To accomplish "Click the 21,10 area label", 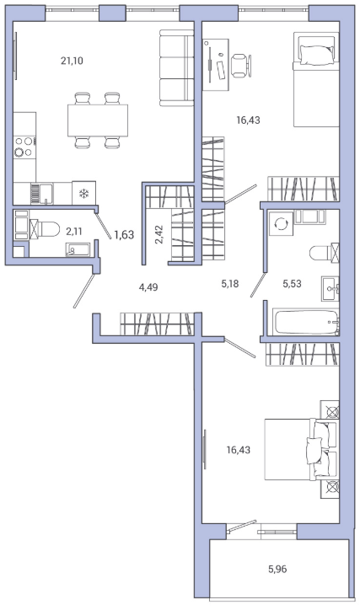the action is coord(72,61).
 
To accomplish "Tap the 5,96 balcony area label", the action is coord(277,570).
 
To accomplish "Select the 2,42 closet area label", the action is coord(159,234).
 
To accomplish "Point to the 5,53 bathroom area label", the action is coord(292,284).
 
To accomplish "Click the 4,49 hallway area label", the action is coord(148,287).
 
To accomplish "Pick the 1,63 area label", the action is coord(124,234).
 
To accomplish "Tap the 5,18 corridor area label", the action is coord(230,284).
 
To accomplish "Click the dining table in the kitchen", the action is coord(98,120).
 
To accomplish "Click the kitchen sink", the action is coord(42,194).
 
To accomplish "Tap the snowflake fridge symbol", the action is coord(83,193).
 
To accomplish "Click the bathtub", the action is coord(306,322).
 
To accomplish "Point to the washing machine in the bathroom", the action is coord(282,223).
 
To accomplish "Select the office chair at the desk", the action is coord(240,65).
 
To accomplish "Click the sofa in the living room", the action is coord(177,68).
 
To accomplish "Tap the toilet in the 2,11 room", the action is coord(45,229).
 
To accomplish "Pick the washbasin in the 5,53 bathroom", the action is coord(330,289).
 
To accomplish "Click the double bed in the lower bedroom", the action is coord(302,449).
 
